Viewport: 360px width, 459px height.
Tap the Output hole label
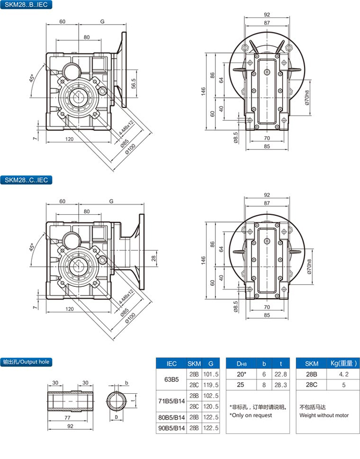pyautogui.click(x=26, y=361)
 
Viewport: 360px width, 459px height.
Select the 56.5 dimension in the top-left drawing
pyautogui.click(x=134, y=83)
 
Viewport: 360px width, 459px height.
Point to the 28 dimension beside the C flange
pyautogui.click(x=153, y=258)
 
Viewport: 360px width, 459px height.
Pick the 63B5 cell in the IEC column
pyautogui.click(x=172, y=380)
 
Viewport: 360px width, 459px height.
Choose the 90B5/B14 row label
pyautogui.click(x=172, y=428)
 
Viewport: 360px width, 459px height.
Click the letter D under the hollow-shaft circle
pyautogui.click(x=117, y=416)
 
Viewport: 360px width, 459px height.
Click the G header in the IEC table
pyautogui.click(x=210, y=363)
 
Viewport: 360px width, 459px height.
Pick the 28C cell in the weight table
pyautogui.click(x=310, y=385)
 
